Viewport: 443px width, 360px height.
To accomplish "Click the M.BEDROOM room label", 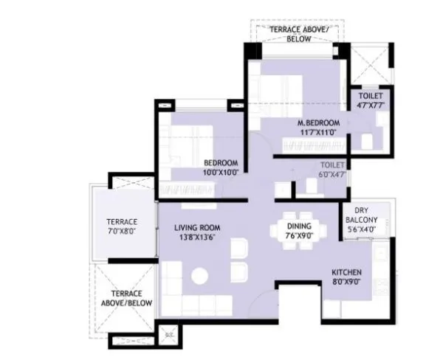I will pyautogui.click(x=318, y=122).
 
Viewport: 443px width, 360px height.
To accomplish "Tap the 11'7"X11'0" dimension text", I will pyautogui.click(x=318, y=133).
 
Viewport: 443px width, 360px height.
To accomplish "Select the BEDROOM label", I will pyautogui.click(x=220, y=163).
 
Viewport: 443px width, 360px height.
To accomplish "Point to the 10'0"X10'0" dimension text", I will pyautogui.click(x=220, y=173).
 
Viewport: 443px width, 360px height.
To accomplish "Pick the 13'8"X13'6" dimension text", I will pyautogui.click(x=197, y=238).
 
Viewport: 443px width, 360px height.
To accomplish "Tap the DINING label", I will pyautogui.click(x=299, y=226).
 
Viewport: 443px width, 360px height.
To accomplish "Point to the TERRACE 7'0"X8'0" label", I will pyautogui.click(x=120, y=226).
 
